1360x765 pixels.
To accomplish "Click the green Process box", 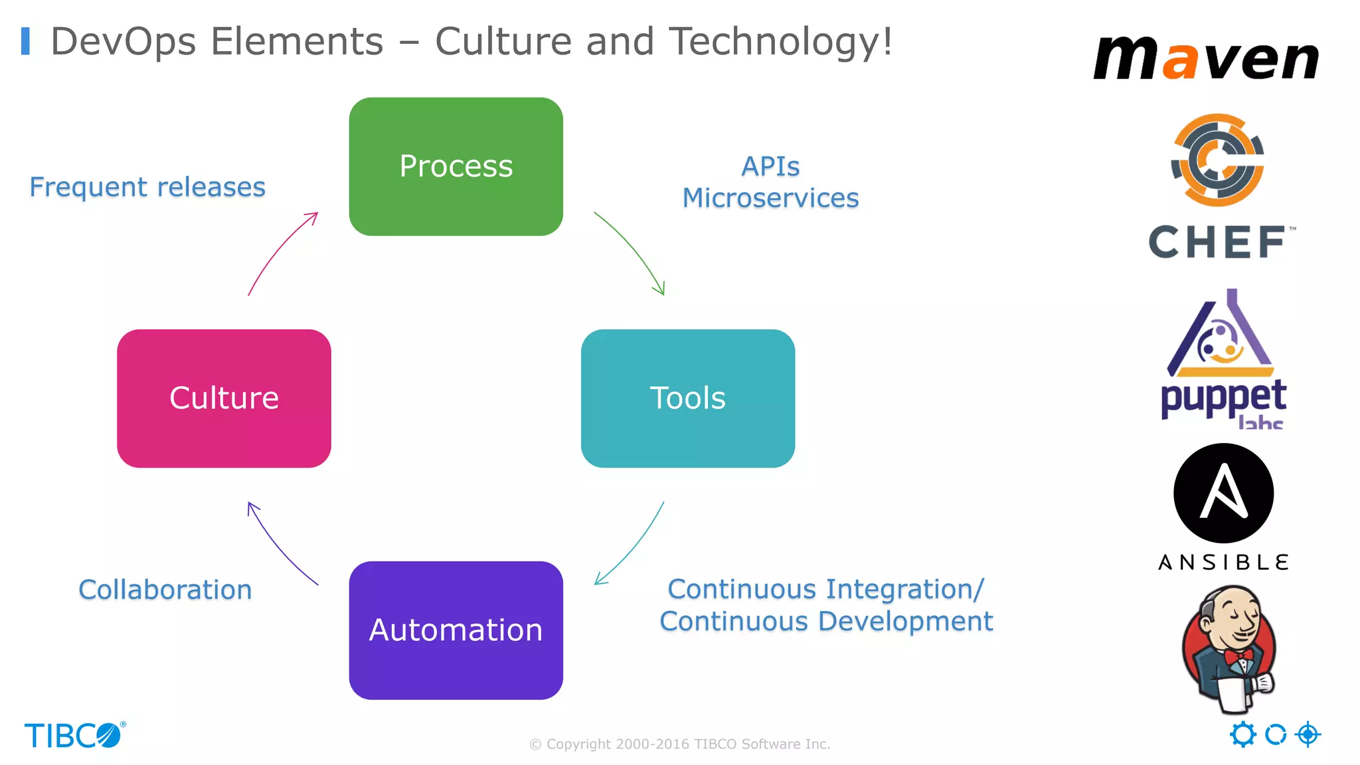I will click(x=456, y=166).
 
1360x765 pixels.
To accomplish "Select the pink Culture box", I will click(x=224, y=398).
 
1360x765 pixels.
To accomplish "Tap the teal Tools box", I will click(x=687, y=398).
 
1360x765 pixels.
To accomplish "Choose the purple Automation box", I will click(x=456, y=630).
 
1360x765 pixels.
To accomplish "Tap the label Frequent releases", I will click(x=147, y=187).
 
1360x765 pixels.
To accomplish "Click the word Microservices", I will click(x=770, y=198).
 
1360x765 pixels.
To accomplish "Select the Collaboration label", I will click(x=165, y=590).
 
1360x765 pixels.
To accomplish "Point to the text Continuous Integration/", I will click(x=825, y=589).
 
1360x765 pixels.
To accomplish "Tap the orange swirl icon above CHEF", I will click(x=1217, y=159).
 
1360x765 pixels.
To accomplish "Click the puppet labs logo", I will click(x=1223, y=359).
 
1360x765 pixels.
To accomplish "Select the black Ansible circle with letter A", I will click(x=1223, y=493).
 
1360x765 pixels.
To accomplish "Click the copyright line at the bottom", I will click(x=679, y=744).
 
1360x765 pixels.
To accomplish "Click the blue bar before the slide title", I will click(x=25, y=41).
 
